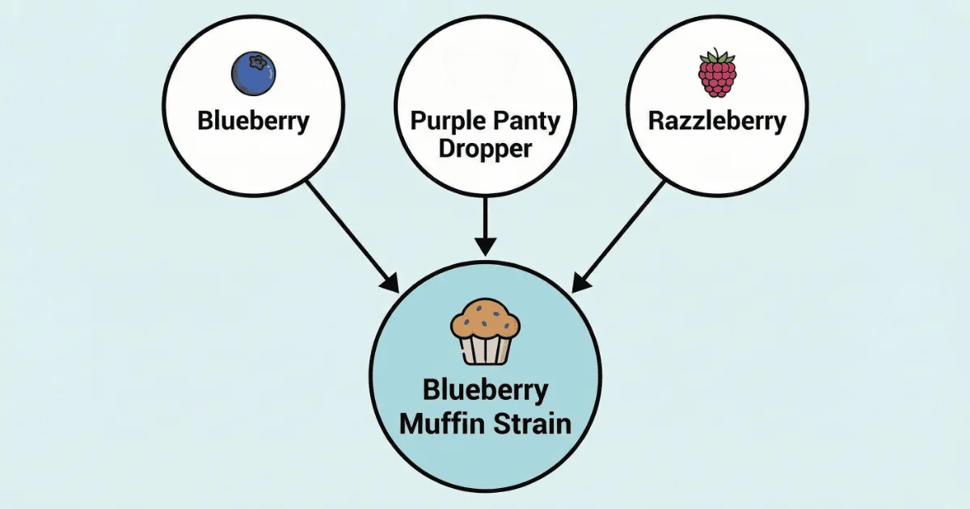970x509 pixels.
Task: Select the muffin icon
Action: click(x=485, y=331)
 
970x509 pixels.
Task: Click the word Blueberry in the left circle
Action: click(x=253, y=122)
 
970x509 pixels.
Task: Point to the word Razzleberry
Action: click(x=717, y=122)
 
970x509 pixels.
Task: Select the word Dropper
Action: click(x=485, y=149)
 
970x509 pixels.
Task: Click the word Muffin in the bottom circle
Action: click(x=439, y=423)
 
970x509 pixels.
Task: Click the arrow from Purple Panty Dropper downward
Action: click(x=485, y=226)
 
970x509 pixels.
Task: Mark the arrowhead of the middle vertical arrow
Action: click(x=485, y=247)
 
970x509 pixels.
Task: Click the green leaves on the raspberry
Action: click(x=717, y=57)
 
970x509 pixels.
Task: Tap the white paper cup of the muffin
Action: click(x=486, y=348)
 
